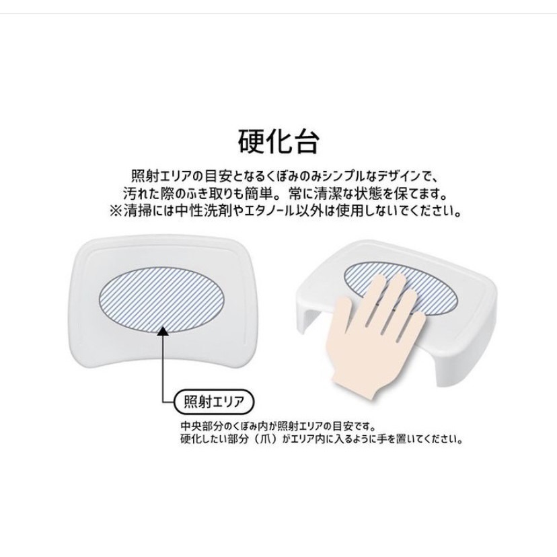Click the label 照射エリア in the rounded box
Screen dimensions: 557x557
click(x=211, y=403)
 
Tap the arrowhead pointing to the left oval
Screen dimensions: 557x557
click(x=163, y=330)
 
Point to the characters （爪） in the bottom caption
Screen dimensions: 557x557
click(x=277, y=441)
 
